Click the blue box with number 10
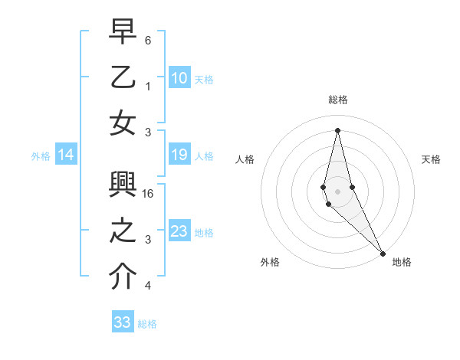pos(179,77)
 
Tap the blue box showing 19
pos(179,155)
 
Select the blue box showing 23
pos(179,231)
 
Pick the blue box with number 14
pos(66,155)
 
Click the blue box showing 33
pos(123,322)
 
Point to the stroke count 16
pos(149,194)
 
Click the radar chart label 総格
pos(338,100)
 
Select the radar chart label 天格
pos(431,159)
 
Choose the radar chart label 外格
pos(270,262)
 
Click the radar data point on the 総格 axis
pos(338,129)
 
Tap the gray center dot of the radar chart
pos(338,191)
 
